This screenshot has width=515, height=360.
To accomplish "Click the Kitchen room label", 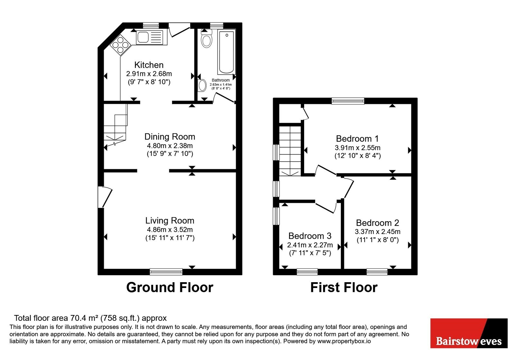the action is [x=149, y=65].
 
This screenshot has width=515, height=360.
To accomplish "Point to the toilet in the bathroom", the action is [x=206, y=39].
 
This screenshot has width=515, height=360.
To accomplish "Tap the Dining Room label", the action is [x=170, y=137].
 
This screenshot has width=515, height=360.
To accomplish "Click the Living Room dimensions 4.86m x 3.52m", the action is [x=170, y=230].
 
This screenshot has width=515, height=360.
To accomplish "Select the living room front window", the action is [x=166, y=272].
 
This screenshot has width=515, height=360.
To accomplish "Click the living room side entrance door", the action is [x=105, y=197].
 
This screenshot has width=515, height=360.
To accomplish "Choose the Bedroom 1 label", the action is [x=357, y=139].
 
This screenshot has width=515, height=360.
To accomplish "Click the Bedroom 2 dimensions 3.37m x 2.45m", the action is [x=378, y=232].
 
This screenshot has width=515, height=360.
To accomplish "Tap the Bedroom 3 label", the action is [x=310, y=236].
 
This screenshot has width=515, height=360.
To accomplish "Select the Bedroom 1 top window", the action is [x=348, y=101].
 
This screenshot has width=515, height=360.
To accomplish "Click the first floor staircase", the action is [x=290, y=151].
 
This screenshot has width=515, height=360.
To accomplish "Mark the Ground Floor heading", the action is [x=170, y=287].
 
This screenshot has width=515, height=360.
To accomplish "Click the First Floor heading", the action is [x=344, y=287].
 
